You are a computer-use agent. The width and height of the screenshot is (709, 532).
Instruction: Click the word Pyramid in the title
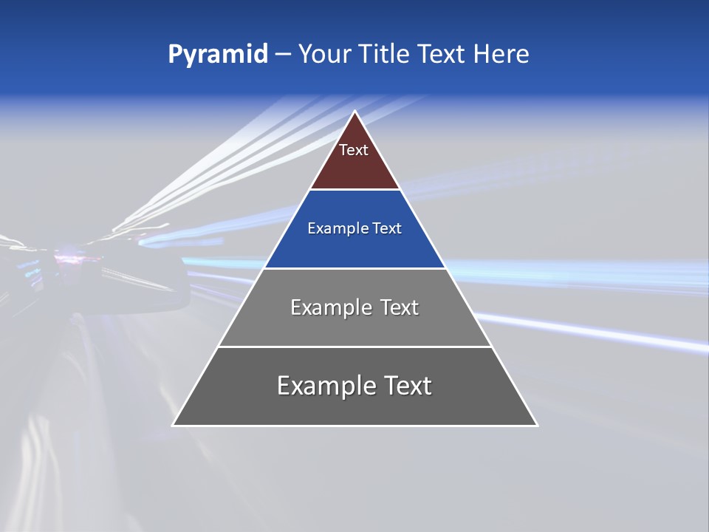217,55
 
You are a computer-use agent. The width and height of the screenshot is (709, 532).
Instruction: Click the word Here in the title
501,55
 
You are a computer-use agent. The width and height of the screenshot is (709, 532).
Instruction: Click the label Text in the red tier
354,150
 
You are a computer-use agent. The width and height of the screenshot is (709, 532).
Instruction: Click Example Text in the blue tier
354,228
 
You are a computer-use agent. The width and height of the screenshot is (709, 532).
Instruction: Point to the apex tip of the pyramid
354,112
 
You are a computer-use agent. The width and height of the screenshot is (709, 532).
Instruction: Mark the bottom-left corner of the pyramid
174,425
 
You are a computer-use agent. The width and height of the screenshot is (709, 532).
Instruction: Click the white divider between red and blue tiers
354,190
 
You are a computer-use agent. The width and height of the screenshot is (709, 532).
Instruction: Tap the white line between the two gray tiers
354,347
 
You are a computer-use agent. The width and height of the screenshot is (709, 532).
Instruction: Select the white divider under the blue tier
354,268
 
